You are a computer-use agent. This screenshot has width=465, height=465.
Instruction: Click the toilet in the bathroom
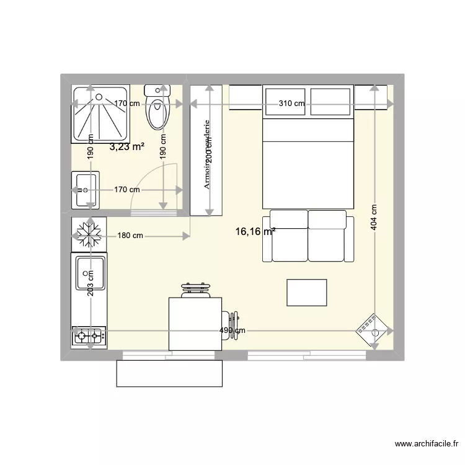(157, 108)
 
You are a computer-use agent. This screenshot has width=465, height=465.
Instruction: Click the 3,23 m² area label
(127, 147)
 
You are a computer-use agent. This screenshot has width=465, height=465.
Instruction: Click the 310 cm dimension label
(291, 104)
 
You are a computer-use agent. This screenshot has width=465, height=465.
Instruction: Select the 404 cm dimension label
(374, 218)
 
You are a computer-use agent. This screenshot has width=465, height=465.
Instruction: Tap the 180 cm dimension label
(130, 236)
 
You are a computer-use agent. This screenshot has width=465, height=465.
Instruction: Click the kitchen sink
(90, 273)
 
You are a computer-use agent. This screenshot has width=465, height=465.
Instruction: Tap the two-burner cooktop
(89, 337)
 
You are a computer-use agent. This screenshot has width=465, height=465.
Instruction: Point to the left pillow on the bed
(285, 102)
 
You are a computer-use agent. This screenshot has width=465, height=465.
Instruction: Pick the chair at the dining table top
(196, 290)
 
